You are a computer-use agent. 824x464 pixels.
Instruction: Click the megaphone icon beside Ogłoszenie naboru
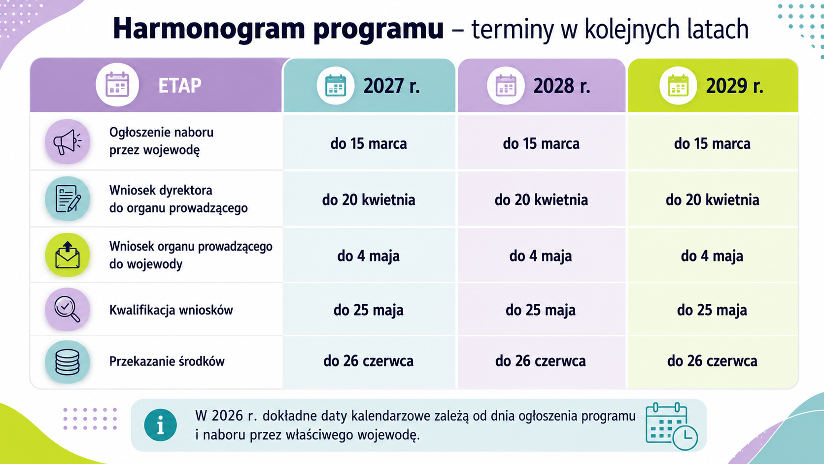click(x=68, y=142)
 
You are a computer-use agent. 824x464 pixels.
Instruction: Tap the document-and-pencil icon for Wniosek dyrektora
click(x=68, y=199)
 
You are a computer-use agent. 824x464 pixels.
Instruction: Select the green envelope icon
click(x=68, y=255)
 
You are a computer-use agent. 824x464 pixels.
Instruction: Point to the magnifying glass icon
click(x=68, y=310)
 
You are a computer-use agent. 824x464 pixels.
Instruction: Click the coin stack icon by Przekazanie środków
click(x=68, y=362)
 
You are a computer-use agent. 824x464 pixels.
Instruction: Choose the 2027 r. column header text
click(x=391, y=86)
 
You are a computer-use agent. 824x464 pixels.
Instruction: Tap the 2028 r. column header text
click(x=562, y=86)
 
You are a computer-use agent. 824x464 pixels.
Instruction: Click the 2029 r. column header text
click(x=734, y=86)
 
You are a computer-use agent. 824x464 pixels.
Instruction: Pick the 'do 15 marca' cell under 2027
click(x=369, y=143)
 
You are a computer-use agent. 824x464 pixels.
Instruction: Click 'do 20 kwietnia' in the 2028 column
click(x=541, y=200)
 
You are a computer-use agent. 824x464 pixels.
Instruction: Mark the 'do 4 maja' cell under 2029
click(x=712, y=256)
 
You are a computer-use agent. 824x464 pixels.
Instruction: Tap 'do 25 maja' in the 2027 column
click(x=369, y=310)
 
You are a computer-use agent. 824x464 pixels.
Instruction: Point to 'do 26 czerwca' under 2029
click(x=712, y=361)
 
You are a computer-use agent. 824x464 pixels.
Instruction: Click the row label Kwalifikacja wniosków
click(x=171, y=310)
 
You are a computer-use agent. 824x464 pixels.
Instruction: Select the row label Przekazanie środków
click(x=167, y=361)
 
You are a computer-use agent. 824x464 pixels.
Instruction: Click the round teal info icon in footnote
click(x=160, y=425)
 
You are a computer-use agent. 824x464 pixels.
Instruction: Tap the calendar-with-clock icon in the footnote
click(x=671, y=426)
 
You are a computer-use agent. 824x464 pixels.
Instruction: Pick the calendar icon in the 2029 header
click(x=678, y=85)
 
